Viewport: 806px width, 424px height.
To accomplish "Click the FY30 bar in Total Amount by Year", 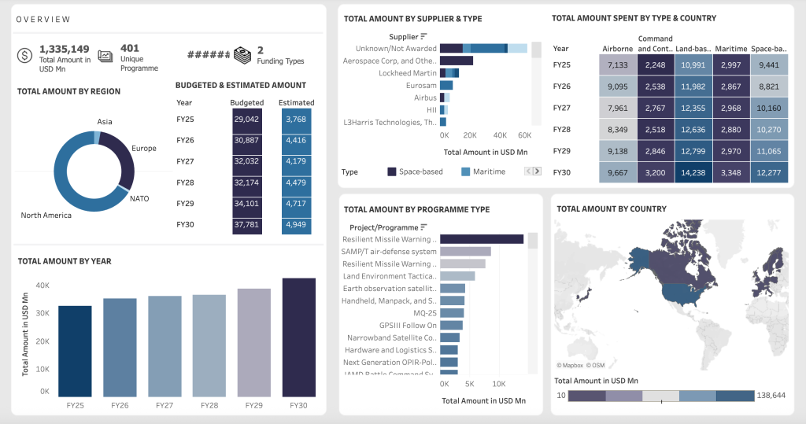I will (x=298, y=337).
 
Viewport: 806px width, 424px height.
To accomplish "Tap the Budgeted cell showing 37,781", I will (x=246, y=225).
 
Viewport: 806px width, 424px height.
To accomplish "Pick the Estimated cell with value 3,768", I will (x=296, y=119).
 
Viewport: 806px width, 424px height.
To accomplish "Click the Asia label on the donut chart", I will (x=105, y=122).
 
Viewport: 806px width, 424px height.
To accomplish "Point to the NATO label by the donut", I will (x=139, y=198).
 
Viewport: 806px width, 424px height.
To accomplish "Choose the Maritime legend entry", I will (x=466, y=171).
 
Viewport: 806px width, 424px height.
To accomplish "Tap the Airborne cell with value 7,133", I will (x=618, y=65).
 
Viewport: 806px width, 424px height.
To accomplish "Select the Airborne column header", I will (x=617, y=48).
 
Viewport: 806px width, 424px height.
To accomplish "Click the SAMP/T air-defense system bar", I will (x=465, y=252).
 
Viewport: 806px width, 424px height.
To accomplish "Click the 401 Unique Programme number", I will (x=130, y=48).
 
